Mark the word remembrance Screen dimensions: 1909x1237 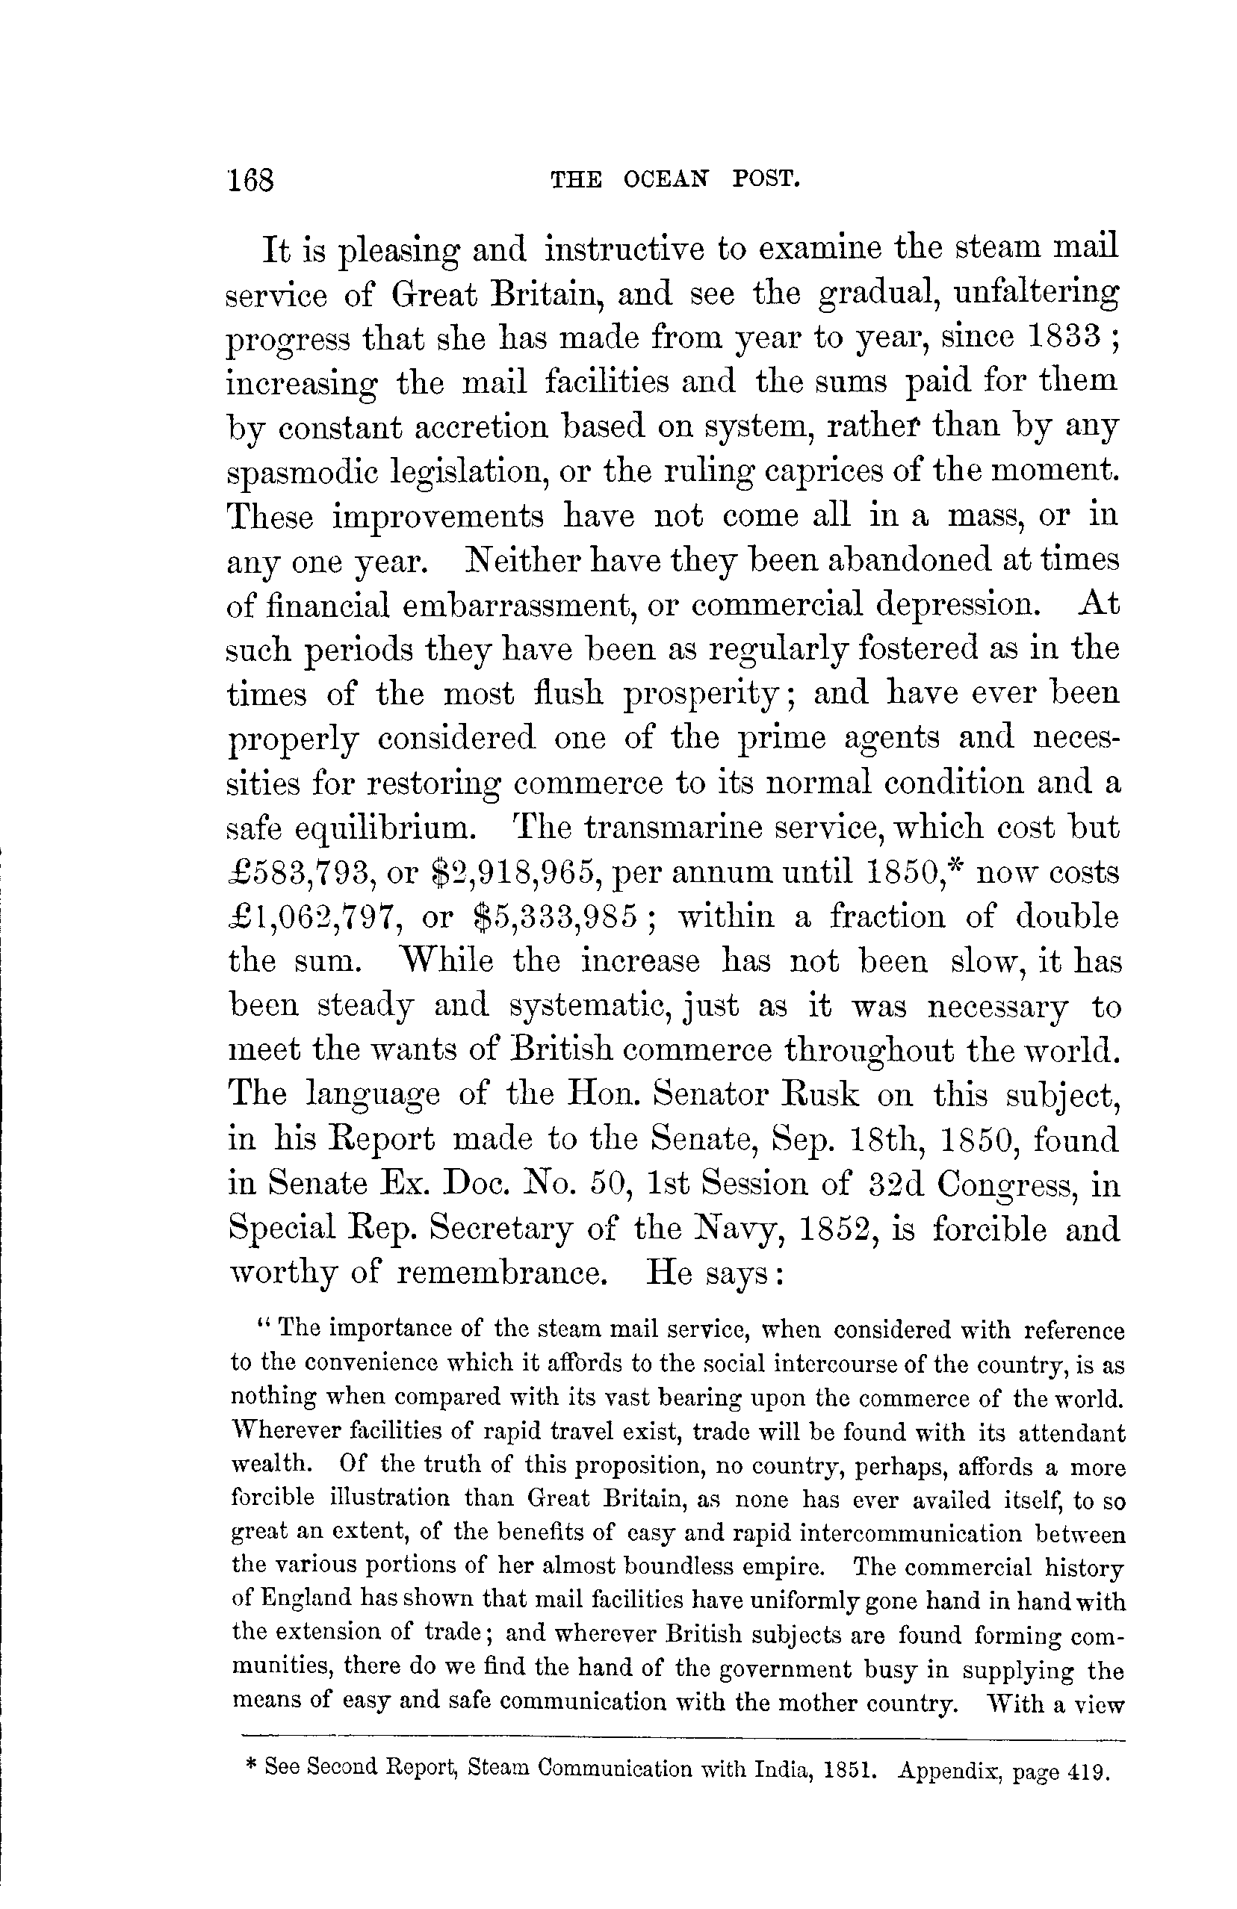tap(500, 1273)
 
